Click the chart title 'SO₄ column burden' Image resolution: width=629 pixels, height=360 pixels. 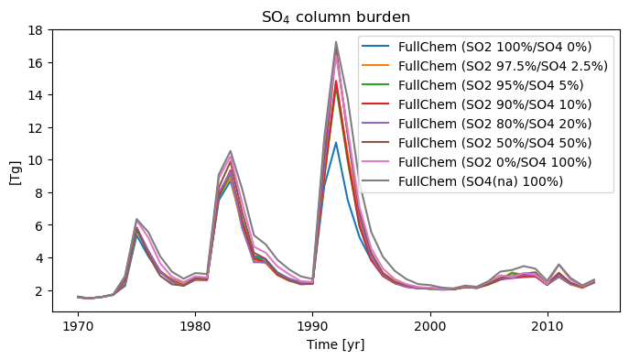click(336, 17)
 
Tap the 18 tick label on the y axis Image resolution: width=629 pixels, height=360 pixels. click(36, 30)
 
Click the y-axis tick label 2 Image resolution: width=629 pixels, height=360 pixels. click(39, 291)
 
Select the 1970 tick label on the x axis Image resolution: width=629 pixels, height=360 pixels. click(78, 326)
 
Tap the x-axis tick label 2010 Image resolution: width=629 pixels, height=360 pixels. click(548, 326)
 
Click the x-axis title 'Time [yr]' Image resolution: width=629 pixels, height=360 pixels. click(336, 344)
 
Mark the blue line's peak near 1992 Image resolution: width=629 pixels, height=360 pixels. click(336, 143)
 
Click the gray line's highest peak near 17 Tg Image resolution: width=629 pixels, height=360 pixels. click(336, 42)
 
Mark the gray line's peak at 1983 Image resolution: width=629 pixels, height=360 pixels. click(230, 151)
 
